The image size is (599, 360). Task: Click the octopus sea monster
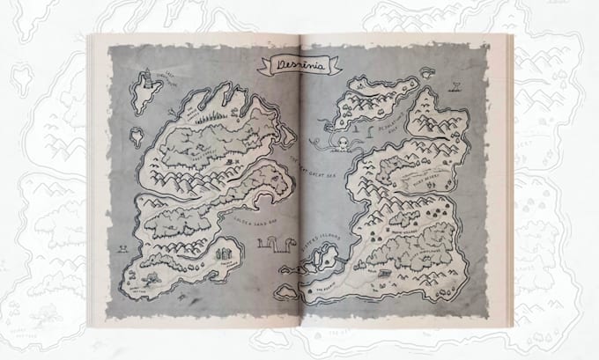(341, 143)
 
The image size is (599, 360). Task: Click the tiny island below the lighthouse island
(137, 136)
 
